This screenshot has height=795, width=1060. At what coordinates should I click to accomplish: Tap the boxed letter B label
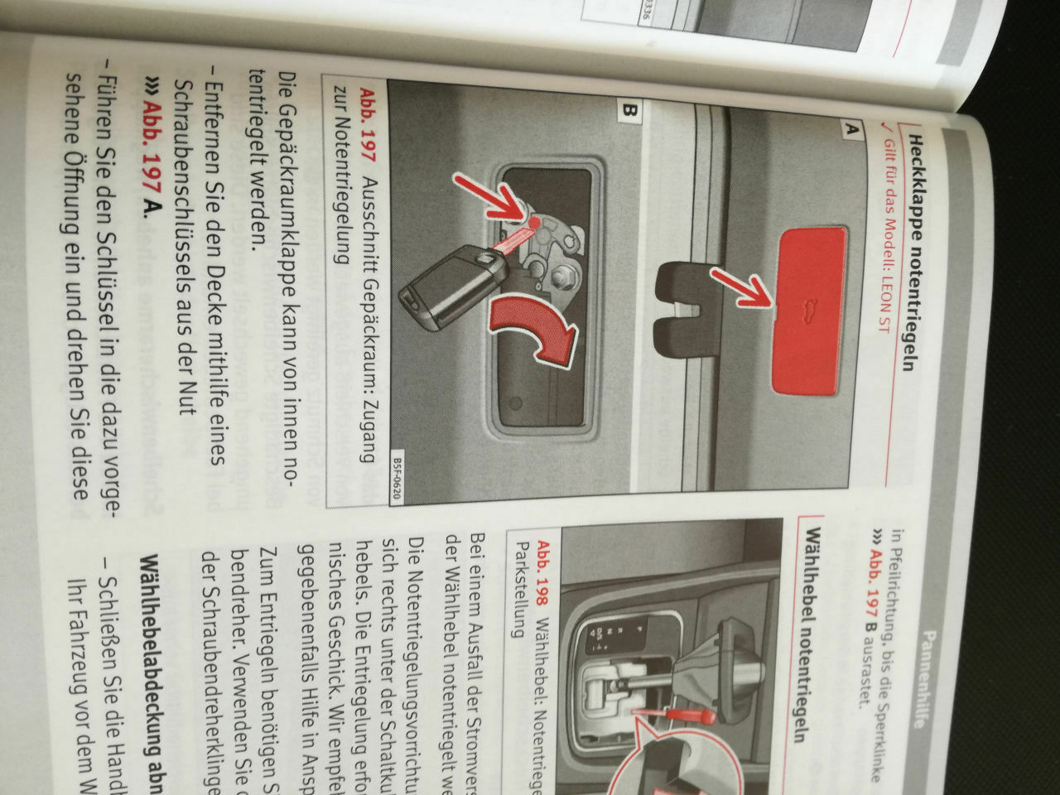[628, 111]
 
